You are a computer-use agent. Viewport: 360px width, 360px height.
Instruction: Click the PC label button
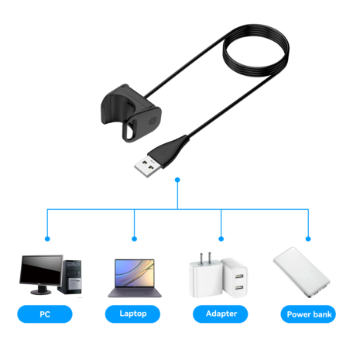[45, 314]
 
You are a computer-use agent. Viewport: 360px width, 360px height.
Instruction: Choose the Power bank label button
[309, 314]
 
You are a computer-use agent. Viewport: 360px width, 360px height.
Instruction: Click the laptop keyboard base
[134, 293]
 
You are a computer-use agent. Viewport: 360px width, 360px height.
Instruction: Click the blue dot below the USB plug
[177, 180]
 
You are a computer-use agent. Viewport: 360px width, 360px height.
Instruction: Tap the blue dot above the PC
[46, 238]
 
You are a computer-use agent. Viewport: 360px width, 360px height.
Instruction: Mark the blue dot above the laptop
[134, 238]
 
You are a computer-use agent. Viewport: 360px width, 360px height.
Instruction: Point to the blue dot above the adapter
[222, 238]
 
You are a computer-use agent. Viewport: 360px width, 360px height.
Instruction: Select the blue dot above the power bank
[309, 238]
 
